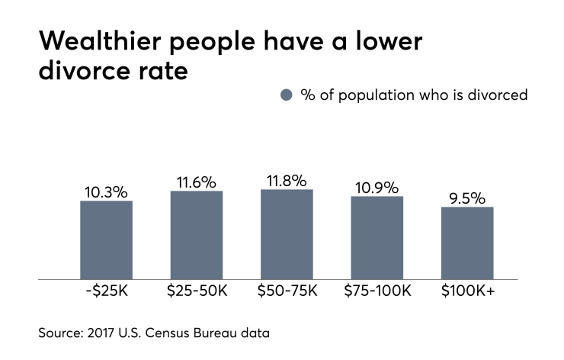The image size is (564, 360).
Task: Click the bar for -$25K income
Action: click(106, 240)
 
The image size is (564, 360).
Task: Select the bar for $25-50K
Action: click(197, 235)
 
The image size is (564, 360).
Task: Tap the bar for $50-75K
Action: click(287, 234)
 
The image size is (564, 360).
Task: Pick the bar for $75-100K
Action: click(377, 238)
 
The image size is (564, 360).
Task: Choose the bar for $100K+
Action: click(467, 243)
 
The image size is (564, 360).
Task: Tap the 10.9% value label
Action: click(377, 187)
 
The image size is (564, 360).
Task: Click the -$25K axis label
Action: click(106, 291)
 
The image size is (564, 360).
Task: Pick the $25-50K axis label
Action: click(197, 291)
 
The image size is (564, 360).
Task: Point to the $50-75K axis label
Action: click(287, 291)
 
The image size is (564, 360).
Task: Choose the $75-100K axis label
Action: click(377, 291)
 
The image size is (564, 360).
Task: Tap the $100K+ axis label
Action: click(467, 291)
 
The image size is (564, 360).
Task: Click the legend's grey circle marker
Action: click(287, 95)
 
